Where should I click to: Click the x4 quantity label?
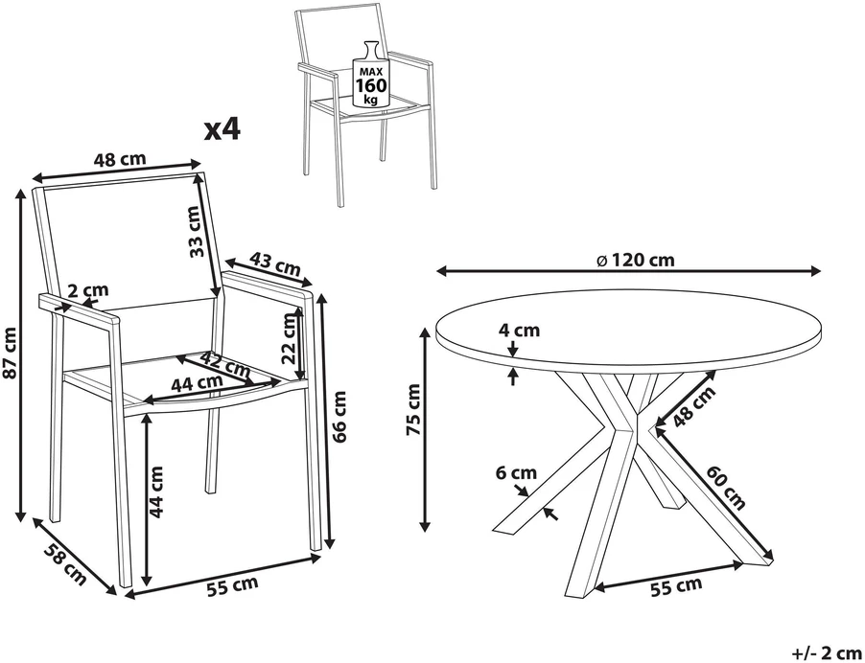pyautogui.click(x=222, y=130)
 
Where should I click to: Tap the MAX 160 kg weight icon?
pyautogui.click(x=371, y=75)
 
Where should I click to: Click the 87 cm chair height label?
pyautogui.click(x=10, y=354)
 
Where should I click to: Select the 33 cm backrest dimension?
pyautogui.click(x=194, y=232)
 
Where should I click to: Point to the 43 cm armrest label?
pyautogui.click(x=274, y=264)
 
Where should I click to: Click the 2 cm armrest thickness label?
pyautogui.click(x=88, y=290)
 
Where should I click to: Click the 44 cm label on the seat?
pyautogui.click(x=197, y=382)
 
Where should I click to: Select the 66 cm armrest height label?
pyautogui.click(x=340, y=417)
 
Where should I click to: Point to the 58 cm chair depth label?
pyautogui.click(x=65, y=563)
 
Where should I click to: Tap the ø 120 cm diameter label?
pyautogui.click(x=636, y=260)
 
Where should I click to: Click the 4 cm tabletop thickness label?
pyautogui.click(x=519, y=331)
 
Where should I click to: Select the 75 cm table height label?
pyautogui.click(x=413, y=409)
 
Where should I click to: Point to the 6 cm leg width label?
pyautogui.click(x=516, y=473)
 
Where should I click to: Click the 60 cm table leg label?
pyautogui.click(x=726, y=488)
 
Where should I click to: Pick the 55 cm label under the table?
pyautogui.click(x=676, y=586)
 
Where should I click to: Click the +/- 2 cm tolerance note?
pyautogui.click(x=827, y=653)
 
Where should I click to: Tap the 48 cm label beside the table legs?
pyautogui.click(x=694, y=406)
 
